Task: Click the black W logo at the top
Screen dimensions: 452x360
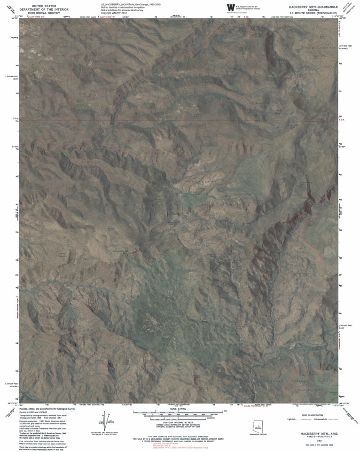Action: [230, 8]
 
